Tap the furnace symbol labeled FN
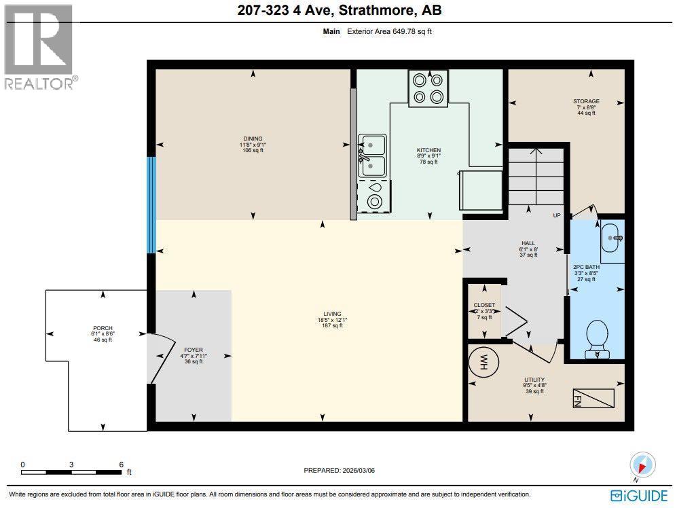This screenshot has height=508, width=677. pos(593,398)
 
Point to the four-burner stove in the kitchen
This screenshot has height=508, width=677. pos(428,88)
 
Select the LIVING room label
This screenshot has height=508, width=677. pos(332,314)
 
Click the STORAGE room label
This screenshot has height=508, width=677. pos(585,101)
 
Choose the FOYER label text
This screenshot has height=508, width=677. pos(193,350)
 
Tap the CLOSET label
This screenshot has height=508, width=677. pos(484,305)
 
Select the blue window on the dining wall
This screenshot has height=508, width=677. pos(151,204)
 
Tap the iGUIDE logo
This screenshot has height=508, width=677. pos(639,496)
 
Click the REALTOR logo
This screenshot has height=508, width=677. pos(40,47)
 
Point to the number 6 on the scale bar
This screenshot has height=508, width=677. pos(121,465)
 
